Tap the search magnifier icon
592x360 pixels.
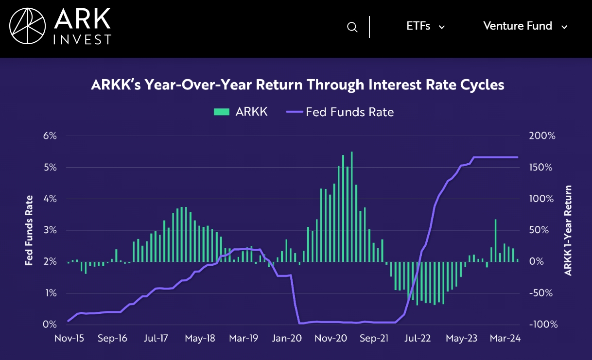[x=352, y=27]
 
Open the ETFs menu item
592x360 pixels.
[x=418, y=26]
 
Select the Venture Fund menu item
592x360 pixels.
[x=518, y=26]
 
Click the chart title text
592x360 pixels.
[x=297, y=85]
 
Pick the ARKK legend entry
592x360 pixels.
[x=241, y=112]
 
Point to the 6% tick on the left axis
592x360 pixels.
[x=50, y=136]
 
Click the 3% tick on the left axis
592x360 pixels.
[x=50, y=230]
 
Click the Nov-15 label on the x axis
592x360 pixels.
[x=69, y=339]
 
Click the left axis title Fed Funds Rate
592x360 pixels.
[x=30, y=230]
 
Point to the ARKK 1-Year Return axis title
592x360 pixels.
[x=568, y=230]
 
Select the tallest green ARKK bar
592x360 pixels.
[x=351, y=206]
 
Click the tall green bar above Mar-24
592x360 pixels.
[x=495, y=240]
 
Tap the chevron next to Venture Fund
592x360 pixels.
[x=564, y=27]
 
